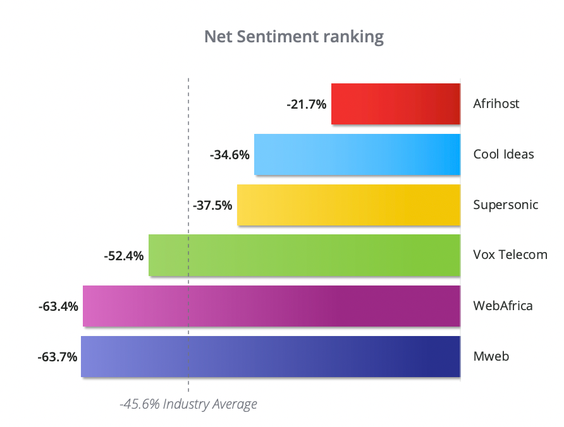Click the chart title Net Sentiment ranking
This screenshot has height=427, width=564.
click(293, 37)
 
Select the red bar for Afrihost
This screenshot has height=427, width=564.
click(395, 104)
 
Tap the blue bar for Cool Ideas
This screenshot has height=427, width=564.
click(357, 154)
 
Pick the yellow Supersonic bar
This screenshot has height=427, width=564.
click(348, 205)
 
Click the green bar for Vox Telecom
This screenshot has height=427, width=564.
click(304, 255)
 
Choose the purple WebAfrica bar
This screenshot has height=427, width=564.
click(271, 306)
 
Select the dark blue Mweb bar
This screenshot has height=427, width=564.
click(270, 356)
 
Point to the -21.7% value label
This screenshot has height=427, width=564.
click(307, 104)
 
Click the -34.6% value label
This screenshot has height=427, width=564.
click(230, 155)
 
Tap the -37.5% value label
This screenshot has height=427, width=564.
click(212, 205)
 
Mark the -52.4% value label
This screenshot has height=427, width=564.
click(124, 256)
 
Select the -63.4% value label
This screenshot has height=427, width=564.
click(58, 306)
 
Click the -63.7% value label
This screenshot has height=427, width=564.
click(58, 357)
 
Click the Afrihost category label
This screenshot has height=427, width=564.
click(496, 104)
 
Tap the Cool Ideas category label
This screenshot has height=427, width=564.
click(503, 154)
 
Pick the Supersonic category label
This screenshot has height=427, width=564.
click(506, 205)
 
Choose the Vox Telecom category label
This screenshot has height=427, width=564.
click(510, 255)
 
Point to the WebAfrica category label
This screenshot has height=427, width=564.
click(503, 306)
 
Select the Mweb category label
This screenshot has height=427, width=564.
click(491, 356)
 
